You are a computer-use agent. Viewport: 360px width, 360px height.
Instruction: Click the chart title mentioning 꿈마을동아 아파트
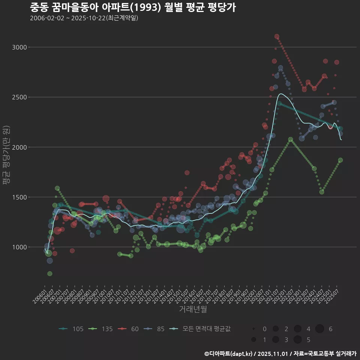pyautogui.click(x=133, y=7)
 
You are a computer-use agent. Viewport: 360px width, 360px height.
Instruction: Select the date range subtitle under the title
pyautogui.click(x=84, y=18)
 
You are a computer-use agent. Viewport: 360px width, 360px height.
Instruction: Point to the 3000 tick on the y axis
pyautogui.click(x=19, y=47)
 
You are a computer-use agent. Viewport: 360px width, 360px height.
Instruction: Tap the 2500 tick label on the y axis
pyautogui.click(x=19, y=97)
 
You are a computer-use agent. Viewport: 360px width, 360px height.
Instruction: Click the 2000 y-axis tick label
pyautogui.click(x=19, y=147)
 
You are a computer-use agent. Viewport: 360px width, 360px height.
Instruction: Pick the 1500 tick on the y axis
pyautogui.click(x=19, y=197)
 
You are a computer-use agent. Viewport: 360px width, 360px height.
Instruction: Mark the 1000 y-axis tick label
pyautogui.click(x=19, y=247)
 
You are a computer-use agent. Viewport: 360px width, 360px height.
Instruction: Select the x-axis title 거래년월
pyautogui.click(x=193, y=309)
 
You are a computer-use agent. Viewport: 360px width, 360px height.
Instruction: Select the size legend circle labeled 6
pyautogui.click(x=319, y=329)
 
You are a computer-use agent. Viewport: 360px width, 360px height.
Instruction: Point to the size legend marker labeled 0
pyautogui.click(x=254, y=329)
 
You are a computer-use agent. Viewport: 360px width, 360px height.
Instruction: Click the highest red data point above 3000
pyautogui.click(x=277, y=36)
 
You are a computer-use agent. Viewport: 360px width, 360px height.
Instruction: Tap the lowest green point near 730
pyautogui.click(x=49, y=274)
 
